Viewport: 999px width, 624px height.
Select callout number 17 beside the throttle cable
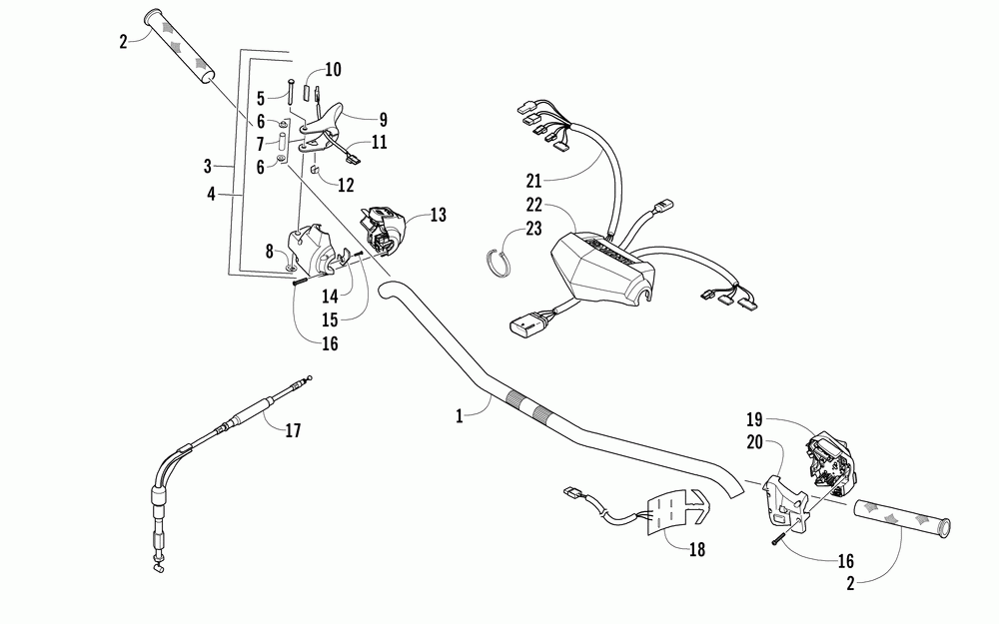pyautogui.click(x=292, y=431)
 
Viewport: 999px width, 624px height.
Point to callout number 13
pyautogui.click(x=438, y=214)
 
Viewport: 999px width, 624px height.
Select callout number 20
pyautogui.click(x=755, y=439)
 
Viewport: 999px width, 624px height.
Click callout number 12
pyautogui.click(x=346, y=184)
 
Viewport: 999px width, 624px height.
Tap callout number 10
pyautogui.click(x=333, y=70)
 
